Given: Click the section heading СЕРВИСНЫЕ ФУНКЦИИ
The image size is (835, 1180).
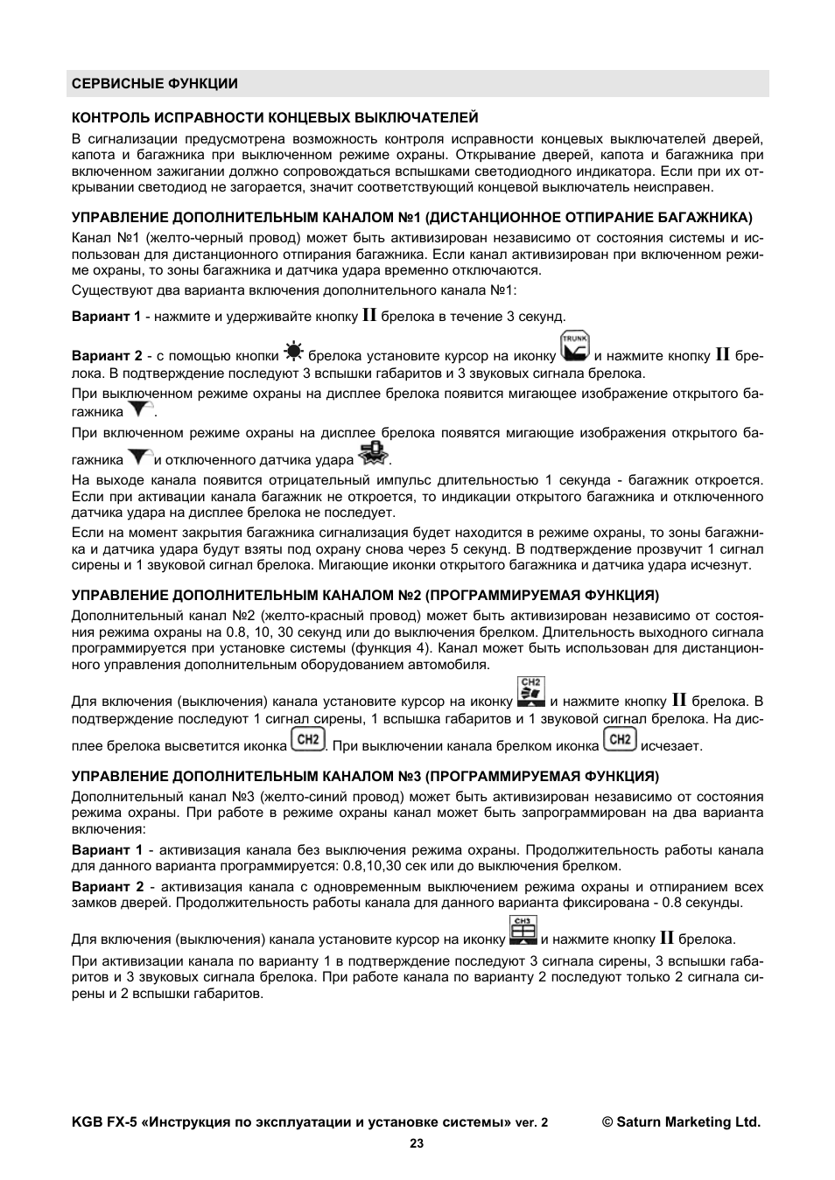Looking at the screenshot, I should click(154, 84).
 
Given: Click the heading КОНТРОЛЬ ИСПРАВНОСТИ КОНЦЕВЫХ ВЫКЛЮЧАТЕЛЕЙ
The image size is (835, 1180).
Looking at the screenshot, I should click(275, 117).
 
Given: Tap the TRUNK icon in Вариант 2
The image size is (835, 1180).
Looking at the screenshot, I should click(575, 346).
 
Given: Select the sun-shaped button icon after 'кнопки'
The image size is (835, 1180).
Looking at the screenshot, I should click(293, 353).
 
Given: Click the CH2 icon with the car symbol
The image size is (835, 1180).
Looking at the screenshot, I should click(531, 692).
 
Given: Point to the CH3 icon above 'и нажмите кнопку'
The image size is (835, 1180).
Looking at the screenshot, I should click(523, 931).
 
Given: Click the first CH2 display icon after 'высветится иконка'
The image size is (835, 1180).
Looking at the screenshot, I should click(307, 740).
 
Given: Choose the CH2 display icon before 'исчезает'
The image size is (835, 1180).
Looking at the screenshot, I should click(620, 740).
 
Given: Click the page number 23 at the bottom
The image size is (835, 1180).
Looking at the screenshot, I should click(417, 1142).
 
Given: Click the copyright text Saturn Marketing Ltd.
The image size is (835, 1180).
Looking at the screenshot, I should click(681, 1122).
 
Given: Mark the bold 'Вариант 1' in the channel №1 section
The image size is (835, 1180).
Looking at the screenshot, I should click(106, 317).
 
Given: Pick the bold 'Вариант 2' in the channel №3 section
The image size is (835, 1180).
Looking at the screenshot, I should click(107, 887).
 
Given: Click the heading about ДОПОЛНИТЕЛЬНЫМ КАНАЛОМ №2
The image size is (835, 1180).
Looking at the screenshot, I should click(365, 596).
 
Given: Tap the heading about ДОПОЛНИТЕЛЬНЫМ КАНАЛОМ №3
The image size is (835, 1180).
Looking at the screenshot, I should click(365, 777).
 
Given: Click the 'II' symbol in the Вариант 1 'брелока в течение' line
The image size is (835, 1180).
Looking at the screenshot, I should click(369, 316).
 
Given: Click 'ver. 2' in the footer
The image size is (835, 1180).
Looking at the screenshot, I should click(531, 1123).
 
